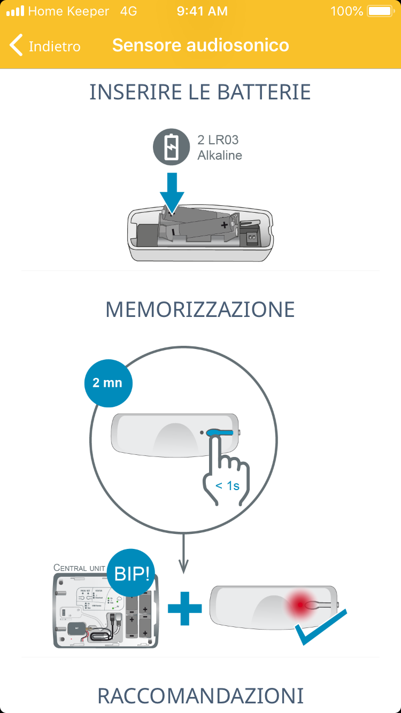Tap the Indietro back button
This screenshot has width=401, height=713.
pos(45,46)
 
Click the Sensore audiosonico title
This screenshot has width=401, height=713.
pos(200,45)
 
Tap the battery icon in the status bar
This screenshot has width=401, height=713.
pos(380,11)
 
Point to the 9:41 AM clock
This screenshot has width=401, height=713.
pos(202,11)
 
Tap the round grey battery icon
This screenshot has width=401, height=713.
pos(171,148)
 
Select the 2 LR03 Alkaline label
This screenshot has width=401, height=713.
pos(219,148)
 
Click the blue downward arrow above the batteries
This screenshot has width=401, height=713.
pos(172,192)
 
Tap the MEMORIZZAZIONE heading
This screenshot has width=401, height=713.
pos(200,310)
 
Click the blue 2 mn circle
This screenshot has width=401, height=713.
pos(107,383)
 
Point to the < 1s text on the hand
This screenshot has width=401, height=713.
pos(227,486)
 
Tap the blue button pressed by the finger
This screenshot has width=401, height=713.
pos(220,432)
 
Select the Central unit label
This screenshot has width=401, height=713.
pos(79,568)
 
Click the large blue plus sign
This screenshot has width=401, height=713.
pos(185,608)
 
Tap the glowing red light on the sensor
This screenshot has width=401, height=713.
pos(299,605)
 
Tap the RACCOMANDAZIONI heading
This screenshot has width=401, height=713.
pos(200,696)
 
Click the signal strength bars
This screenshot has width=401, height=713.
pos(15,11)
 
